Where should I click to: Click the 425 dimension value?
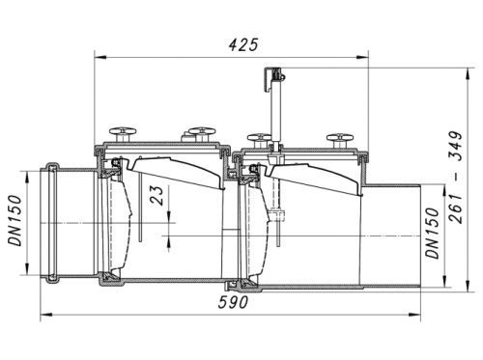(x=243, y=44)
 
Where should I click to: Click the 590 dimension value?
(x=233, y=302)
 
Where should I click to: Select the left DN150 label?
(x=15, y=220)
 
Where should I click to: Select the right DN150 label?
(x=433, y=234)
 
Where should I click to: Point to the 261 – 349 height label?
(x=456, y=177)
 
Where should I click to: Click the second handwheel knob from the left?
(x=202, y=133)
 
